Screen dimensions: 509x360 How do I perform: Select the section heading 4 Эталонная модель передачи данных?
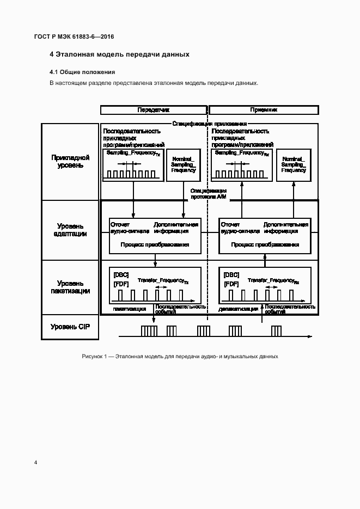(x=119, y=54)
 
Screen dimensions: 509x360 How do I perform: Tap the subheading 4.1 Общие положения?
(x=82, y=72)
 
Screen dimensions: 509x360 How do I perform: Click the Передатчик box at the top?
(x=154, y=110)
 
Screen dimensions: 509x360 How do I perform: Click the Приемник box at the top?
(x=264, y=110)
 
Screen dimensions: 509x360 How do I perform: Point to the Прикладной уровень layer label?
(x=71, y=161)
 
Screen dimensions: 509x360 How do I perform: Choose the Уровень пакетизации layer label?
(x=71, y=287)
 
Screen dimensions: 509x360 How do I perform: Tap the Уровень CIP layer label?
(x=71, y=327)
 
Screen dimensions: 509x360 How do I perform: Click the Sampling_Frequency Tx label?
(x=132, y=154)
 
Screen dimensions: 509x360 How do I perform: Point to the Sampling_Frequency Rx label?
(x=242, y=154)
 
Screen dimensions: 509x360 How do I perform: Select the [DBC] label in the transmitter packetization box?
(x=120, y=275)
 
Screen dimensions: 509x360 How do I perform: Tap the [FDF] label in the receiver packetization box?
(x=231, y=284)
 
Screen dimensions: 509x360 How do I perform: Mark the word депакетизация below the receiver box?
(x=238, y=309)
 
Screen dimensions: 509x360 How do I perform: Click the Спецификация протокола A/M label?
(x=208, y=194)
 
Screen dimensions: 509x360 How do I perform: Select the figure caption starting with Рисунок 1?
(x=180, y=356)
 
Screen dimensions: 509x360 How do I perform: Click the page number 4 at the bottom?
(x=35, y=463)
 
